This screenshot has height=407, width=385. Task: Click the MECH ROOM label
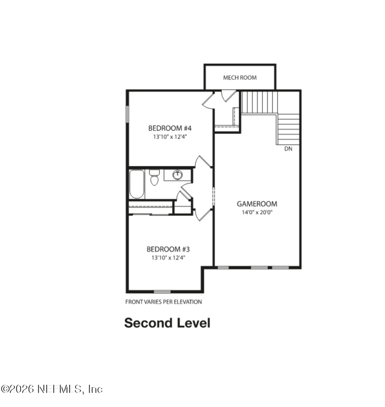click(240, 78)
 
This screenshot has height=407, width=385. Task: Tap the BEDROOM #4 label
click(170, 128)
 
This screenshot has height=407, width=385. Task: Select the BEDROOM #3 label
click(168, 249)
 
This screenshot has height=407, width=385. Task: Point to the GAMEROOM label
click(257, 204)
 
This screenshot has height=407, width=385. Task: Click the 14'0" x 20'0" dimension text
click(257, 212)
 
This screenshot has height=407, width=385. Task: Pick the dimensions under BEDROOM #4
click(170, 136)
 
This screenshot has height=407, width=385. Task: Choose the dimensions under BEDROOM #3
click(168, 258)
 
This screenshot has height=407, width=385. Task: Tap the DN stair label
click(288, 149)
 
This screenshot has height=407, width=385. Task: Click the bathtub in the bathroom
click(137, 184)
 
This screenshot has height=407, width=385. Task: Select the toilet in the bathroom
click(154, 177)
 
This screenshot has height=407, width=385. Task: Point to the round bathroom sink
click(178, 174)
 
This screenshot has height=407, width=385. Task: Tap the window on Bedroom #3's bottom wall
click(162, 291)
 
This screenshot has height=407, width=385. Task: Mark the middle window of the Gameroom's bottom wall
click(259, 267)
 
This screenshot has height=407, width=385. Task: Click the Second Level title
click(167, 323)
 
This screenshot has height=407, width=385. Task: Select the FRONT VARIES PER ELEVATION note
click(164, 302)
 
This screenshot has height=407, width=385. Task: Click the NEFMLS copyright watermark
click(51, 389)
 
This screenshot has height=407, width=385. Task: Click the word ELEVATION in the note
click(188, 302)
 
